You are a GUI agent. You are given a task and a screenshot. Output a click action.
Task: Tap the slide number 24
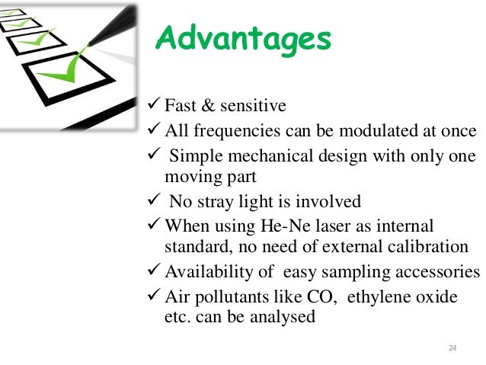(x=452, y=348)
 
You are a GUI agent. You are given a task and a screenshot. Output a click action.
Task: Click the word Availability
(x=209, y=272)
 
